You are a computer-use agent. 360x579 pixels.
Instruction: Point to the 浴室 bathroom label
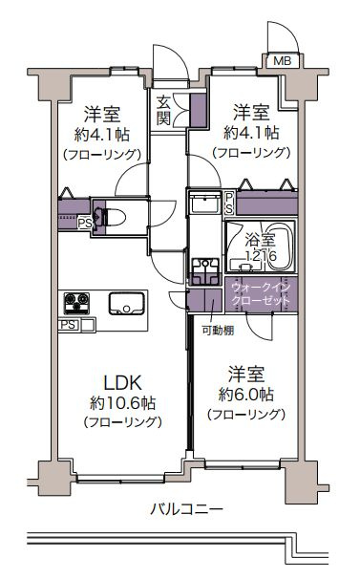[x=258, y=241]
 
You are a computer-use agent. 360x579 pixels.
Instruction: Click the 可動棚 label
[x=218, y=331]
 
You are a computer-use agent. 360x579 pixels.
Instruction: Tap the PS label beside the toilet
[x=85, y=225]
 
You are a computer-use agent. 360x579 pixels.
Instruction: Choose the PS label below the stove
[x=69, y=325]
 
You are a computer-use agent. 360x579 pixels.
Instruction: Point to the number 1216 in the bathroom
[x=259, y=257]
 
